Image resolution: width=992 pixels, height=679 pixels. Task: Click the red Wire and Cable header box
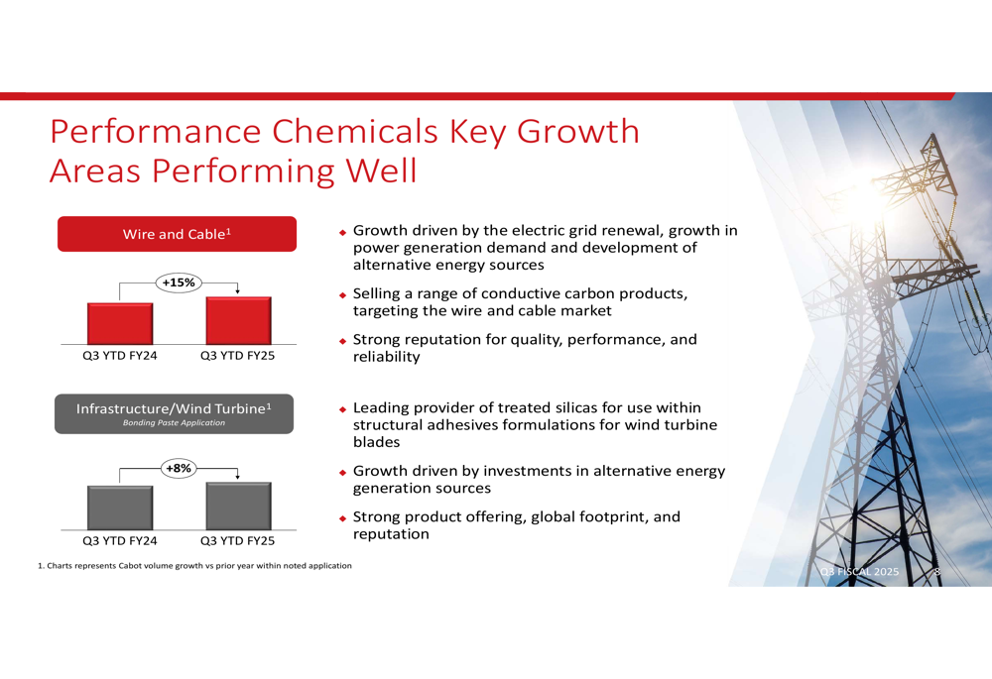178,234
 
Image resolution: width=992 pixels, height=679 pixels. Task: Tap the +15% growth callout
179,283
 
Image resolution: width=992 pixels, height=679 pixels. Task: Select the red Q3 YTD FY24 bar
120,324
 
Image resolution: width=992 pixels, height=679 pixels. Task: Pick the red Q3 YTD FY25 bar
238,320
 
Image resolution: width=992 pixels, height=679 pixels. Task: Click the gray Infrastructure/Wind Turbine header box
174,414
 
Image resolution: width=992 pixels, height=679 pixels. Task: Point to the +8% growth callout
179,469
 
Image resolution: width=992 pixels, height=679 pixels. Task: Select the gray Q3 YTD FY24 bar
120,508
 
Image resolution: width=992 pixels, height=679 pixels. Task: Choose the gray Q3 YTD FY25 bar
238,506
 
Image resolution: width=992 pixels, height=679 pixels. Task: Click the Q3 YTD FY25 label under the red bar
238,355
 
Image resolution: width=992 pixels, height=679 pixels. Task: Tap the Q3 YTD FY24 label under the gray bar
120,540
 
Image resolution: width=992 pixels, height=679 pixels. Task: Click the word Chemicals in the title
355,132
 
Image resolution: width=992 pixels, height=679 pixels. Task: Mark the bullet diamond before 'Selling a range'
343,295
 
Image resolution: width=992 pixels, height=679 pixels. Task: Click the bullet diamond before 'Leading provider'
343,409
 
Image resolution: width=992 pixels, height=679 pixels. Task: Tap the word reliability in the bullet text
387,357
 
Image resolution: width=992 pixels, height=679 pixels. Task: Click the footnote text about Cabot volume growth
194,566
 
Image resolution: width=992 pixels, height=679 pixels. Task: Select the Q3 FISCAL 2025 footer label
859,572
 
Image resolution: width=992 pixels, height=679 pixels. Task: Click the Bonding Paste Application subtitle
174,423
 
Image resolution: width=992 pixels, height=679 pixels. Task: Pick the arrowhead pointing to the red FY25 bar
238,291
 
